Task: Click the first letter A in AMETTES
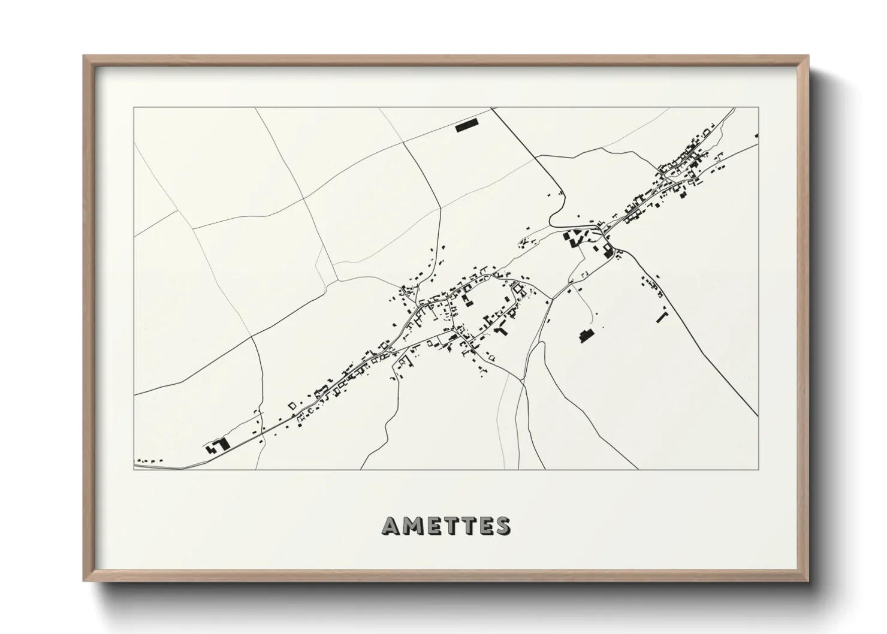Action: click(x=390, y=526)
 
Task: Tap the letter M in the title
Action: click(x=411, y=526)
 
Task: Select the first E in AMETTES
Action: click(x=430, y=526)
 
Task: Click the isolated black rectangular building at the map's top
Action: click(x=467, y=127)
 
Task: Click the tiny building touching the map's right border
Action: click(x=757, y=136)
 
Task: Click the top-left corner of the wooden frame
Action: click(x=85, y=56)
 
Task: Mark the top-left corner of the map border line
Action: click(x=134, y=107)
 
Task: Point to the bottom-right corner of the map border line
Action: click(x=758, y=469)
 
